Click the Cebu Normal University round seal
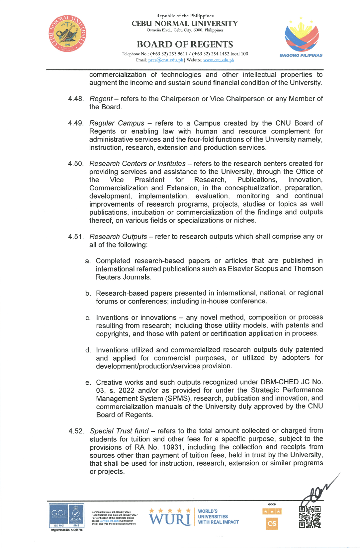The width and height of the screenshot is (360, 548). tap(67, 33)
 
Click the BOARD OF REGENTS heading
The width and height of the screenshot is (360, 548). tap(185, 44)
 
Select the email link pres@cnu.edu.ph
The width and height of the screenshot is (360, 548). tap(165, 60)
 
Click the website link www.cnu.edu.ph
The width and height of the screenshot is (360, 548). tap(219, 60)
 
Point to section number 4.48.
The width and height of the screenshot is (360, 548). tap(76, 99)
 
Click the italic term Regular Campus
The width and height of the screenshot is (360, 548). tap(117, 123)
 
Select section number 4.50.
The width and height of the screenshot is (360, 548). tap(76, 164)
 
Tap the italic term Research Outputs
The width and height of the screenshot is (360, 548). tap(118, 236)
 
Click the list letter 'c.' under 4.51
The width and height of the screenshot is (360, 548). tap(88, 318)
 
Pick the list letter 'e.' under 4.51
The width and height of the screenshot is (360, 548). tap(88, 383)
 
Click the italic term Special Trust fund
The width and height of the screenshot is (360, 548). tap(119, 431)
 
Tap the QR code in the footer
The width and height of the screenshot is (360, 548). tap(310, 517)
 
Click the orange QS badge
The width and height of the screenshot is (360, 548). tap(272, 524)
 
